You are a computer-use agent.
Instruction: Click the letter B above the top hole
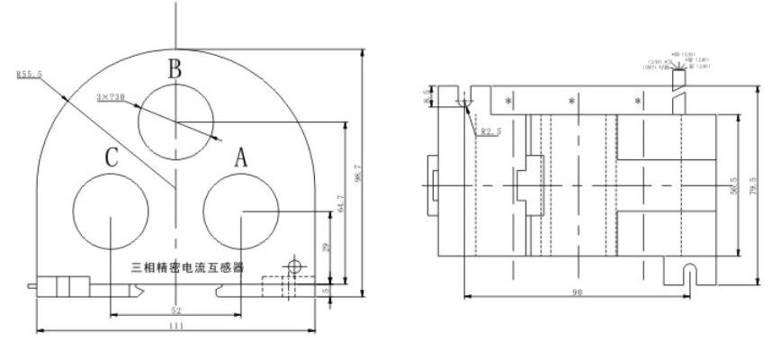[x=176, y=68]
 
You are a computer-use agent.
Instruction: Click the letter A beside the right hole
[x=240, y=158]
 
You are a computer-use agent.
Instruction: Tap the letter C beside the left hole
[x=111, y=158]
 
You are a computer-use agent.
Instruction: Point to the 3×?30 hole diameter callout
[x=121, y=96]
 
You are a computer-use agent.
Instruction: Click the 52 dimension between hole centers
[x=175, y=309]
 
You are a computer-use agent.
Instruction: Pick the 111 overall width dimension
[x=175, y=326]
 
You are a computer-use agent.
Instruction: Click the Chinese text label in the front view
[x=193, y=267]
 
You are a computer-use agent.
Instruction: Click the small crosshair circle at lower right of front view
[x=292, y=266]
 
